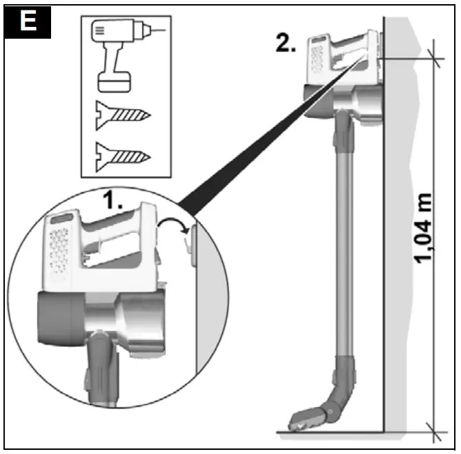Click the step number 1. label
coord(113,202)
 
